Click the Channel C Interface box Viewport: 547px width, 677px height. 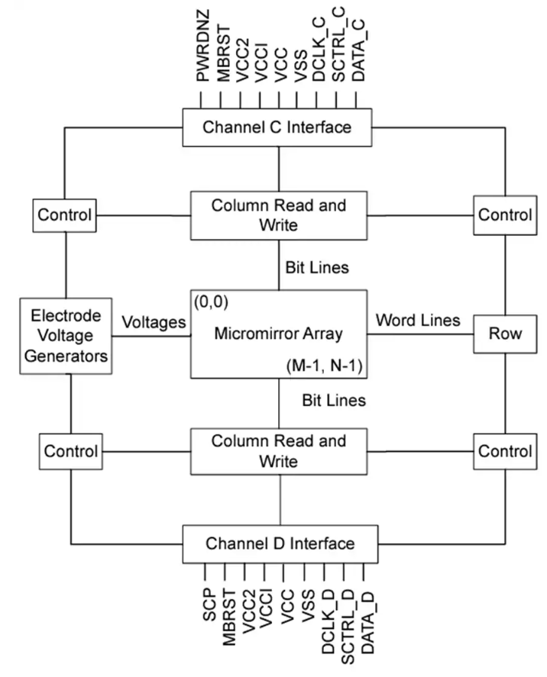[277, 127]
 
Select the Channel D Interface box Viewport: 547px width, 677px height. [280, 543]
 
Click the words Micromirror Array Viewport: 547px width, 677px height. [278, 334]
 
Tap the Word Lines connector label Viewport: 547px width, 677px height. [417, 321]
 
